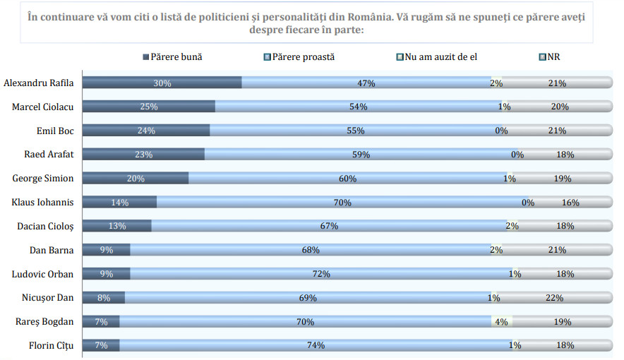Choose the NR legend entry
click(x=554, y=57)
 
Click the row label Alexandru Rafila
click(x=39, y=83)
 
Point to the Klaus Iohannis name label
click(x=43, y=203)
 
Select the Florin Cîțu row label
click(x=52, y=345)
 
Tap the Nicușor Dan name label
click(x=48, y=297)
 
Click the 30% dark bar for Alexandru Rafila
click(x=162, y=83)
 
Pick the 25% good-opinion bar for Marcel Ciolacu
click(x=149, y=107)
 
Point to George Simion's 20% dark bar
click(x=136, y=179)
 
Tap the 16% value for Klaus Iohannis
click(x=570, y=203)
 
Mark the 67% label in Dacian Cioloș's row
click(x=329, y=226)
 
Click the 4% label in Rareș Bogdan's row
click(x=502, y=321)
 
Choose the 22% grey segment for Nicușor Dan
click(x=554, y=298)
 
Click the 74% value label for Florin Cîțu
click(x=316, y=345)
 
